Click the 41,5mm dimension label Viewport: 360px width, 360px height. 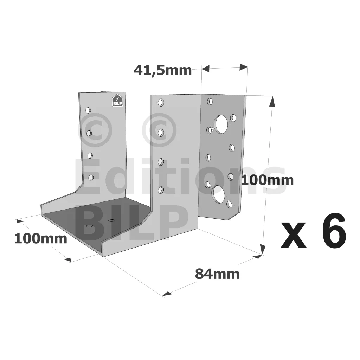pyautogui.click(x=162, y=70)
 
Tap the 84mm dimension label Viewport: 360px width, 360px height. pyautogui.click(x=217, y=274)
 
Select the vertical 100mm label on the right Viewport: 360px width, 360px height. pyautogui.click(x=268, y=180)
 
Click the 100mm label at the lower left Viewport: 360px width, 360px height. pyautogui.click(x=41, y=239)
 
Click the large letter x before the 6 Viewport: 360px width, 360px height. pyautogui.click(x=294, y=235)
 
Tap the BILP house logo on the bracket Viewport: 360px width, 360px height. pyautogui.click(x=117, y=101)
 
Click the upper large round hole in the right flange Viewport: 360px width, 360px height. pyautogui.click(x=221, y=124)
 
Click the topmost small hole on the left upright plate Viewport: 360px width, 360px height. pyautogui.click(x=88, y=110)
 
